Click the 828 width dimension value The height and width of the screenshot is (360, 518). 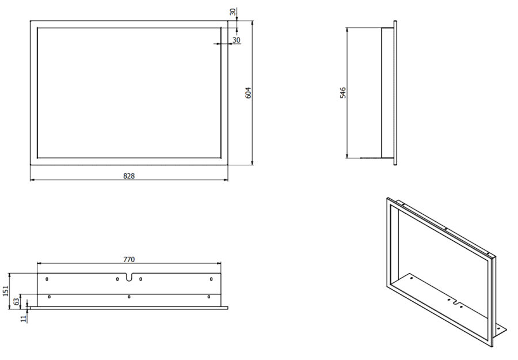click(129, 176)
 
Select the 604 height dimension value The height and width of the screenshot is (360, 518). click(248, 93)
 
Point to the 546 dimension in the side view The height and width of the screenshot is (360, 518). click(342, 93)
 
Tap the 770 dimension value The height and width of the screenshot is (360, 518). click(129, 260)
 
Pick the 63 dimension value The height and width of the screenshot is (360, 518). click(17, 301)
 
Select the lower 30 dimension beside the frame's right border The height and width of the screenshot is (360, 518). click(236, 40)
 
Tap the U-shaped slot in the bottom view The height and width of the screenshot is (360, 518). click(129, 278)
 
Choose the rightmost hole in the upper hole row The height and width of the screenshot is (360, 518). click(211, 279)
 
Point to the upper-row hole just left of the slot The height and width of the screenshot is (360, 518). click(117, 279)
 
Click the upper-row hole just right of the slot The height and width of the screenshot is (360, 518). click(140, 279)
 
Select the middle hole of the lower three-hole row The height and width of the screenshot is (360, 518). click(129, 297)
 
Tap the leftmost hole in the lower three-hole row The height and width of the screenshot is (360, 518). click(49, 297)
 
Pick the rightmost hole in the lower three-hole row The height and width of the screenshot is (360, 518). click(208, 297)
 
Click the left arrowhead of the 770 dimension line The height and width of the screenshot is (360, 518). click(39, 264)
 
